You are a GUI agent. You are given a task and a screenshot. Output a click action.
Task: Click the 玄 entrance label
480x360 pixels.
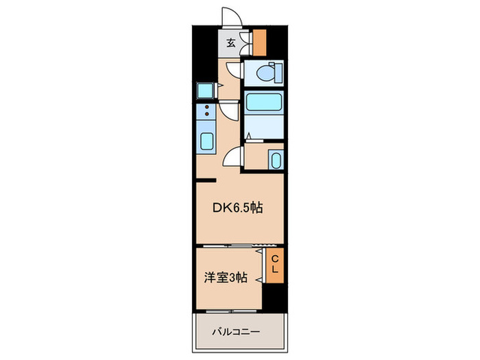pyautogui.click(x=231, y=43)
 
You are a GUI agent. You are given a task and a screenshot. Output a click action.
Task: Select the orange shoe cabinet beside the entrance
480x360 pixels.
pyautogui.click(x=259, y=43)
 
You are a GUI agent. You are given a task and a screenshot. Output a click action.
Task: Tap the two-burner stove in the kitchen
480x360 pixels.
pyautogui.click(x=206, y=110)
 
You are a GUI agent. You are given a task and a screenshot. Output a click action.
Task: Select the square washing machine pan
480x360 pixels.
pyautogui.click(x=205, y=90)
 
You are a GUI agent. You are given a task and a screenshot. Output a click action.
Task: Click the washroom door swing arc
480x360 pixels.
pyautogui.click(x=235, y=156)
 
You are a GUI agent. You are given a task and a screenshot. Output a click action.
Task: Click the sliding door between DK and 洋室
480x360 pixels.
pyautogui.click(x=237, y=245)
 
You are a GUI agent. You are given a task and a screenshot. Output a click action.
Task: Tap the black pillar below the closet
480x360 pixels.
pyautogui.click(x=274, y=296)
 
